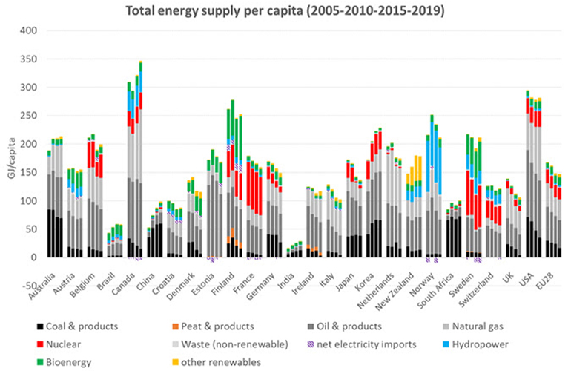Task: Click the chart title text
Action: click(285, 10)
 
